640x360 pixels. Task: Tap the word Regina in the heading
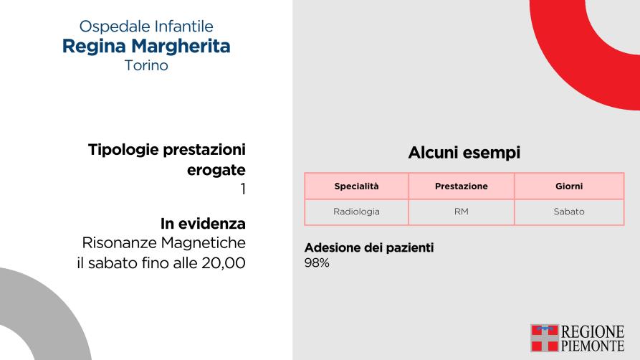point(94,47)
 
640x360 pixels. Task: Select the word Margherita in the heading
point(181,45)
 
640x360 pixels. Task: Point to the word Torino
point(146,65)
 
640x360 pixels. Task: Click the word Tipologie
point(123,151)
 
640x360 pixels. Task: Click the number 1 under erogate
point(243,189)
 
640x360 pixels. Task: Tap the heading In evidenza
point(203,224)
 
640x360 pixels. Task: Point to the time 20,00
point(224,263)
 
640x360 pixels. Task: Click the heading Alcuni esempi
point(464,153)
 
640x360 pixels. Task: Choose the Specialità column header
point(356,186)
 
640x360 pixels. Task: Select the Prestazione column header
point(462,186)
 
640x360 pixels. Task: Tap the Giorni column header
point(569,186)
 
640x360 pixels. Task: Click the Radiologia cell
point(356,212)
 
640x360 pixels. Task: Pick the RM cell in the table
point(462,212)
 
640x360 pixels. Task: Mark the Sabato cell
point(569,212)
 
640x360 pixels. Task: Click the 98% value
point(317,262)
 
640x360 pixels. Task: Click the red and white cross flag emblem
point(545,338)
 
